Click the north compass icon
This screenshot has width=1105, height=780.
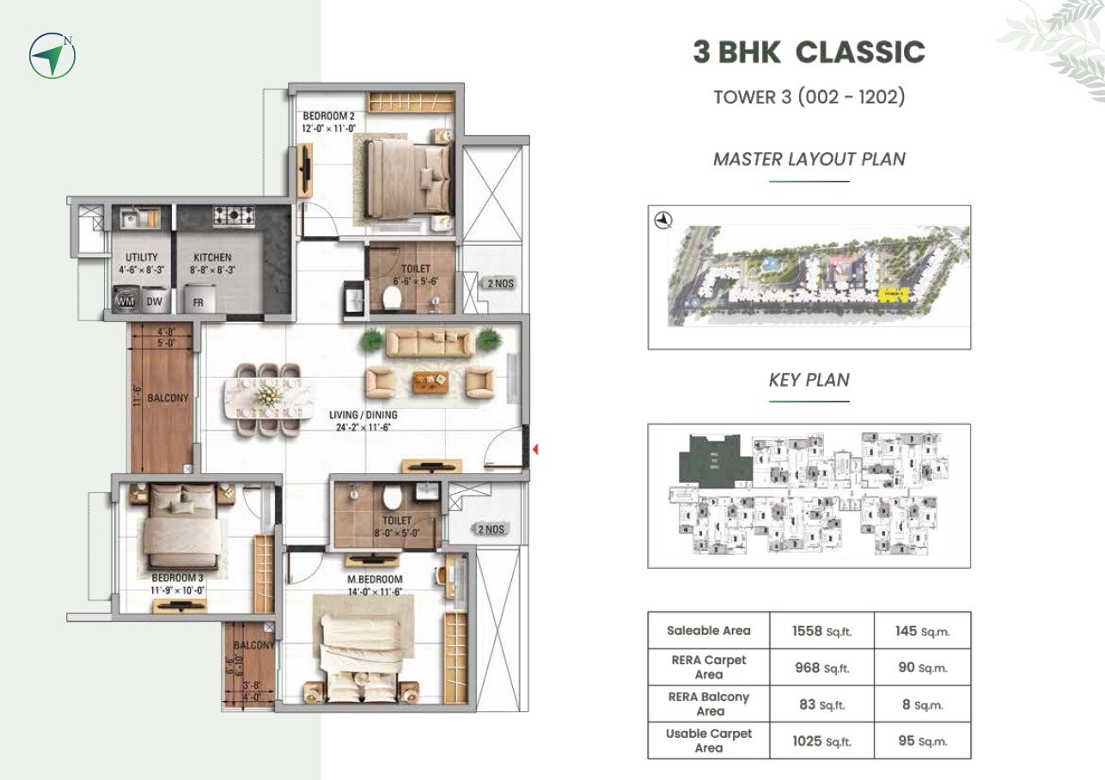coord(52,56)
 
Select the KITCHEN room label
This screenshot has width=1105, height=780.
coord(212,257)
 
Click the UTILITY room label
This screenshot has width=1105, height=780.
coord(141,257)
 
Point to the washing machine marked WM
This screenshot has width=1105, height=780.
coord(125,301)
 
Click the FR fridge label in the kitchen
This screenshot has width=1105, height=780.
coord(198,302)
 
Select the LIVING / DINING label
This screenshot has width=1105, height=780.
coord(363,415)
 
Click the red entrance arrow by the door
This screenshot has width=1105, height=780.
coord(535,448)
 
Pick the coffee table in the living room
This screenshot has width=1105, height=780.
coord(430,381)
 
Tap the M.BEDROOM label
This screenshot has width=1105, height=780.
coord(369,579)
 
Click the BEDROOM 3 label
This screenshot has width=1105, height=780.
coord(177,577)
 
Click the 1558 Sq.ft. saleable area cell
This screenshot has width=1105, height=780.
coord(821,631)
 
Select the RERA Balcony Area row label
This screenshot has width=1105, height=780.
coord(709,704)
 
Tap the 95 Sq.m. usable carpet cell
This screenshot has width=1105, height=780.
coord(923,740)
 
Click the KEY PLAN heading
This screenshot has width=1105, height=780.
coord(809,380)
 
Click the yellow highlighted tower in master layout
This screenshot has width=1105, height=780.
coord(894,294)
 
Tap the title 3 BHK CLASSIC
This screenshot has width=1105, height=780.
coord(809,52)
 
